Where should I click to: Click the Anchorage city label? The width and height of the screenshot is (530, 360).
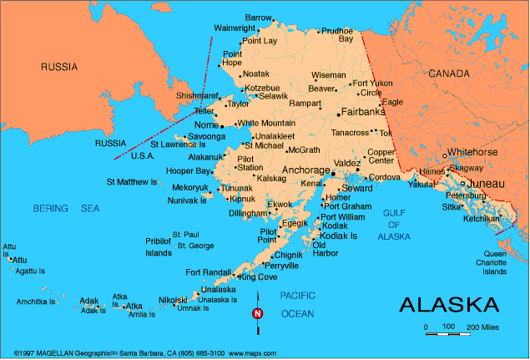pyautogui.click(x=306, y=170)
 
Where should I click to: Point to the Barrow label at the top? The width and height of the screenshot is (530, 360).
pyautogui.click(x=259, y=18)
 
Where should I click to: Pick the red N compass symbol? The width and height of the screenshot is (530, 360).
pyautogui.click(x=258, y=314)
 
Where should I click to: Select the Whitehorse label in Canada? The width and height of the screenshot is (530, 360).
pyautogui.click(x=472, y=152)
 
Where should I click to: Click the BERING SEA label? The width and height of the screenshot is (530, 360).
pyautogui.click(x=65, y=207)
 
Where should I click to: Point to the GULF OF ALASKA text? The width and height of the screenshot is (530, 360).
pyautogui.click(x=393, y=225)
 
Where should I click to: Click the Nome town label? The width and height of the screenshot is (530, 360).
pyautogui.click(x=205, y=124)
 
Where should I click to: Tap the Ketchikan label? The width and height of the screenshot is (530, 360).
pyautogui.click(x=482, y=219)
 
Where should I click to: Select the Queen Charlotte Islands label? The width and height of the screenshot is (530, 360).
pyautogui.click(x=495, y=262)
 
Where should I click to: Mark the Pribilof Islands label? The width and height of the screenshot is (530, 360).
pyautogui.click(x=158, y=246)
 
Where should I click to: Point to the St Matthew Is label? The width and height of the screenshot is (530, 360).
pyautogui.click(x=131, y=181)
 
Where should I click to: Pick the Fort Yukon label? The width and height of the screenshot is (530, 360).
pyautogui.click(x=372, y=84)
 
